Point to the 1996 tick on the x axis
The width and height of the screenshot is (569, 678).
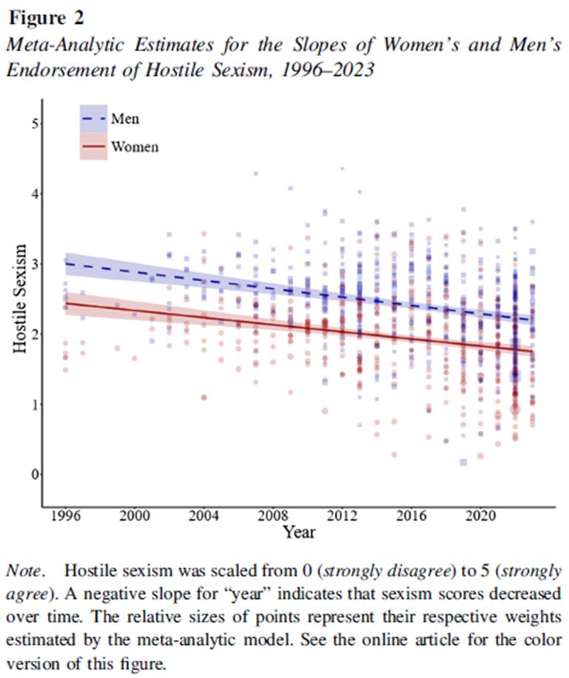point(66,515)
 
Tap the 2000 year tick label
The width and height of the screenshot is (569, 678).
point(135,515)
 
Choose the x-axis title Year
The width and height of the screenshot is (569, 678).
point(298,532)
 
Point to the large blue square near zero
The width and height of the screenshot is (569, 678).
point(464,462)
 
